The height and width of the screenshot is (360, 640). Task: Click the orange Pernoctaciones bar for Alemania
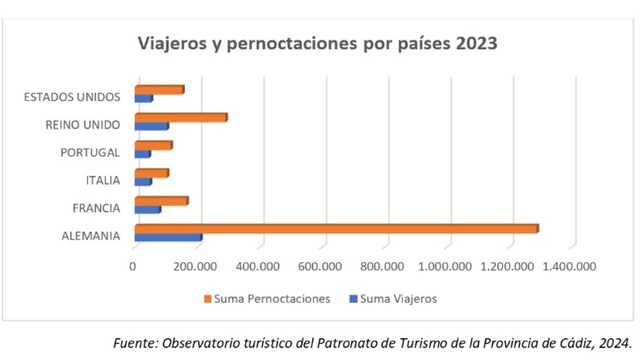coord(336,229)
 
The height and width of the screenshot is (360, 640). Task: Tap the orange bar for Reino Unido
coord(181,118)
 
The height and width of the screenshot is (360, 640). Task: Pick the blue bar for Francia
coord(148,210)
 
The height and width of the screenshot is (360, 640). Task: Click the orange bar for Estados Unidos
coord(159,90)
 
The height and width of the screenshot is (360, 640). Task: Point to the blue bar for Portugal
coord(142,154)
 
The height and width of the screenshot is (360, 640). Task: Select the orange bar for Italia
coord(152,173)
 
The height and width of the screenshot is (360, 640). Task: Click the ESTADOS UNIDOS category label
coord(72,97)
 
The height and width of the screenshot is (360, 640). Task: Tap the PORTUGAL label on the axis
coord(90,153)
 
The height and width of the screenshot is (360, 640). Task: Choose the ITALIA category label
coord(103,180)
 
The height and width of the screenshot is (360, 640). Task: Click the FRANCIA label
coord(96,208)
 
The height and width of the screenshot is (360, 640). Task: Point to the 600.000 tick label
coord(320,266)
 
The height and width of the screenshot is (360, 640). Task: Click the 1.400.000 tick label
coord(569,266)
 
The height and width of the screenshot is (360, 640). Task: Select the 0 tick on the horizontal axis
coord(132,266)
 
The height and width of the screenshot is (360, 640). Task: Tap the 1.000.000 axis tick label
coord(444,266)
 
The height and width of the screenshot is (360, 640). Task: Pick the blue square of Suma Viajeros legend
coord(353,299)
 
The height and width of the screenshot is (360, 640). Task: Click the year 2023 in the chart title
coord(476,43)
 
